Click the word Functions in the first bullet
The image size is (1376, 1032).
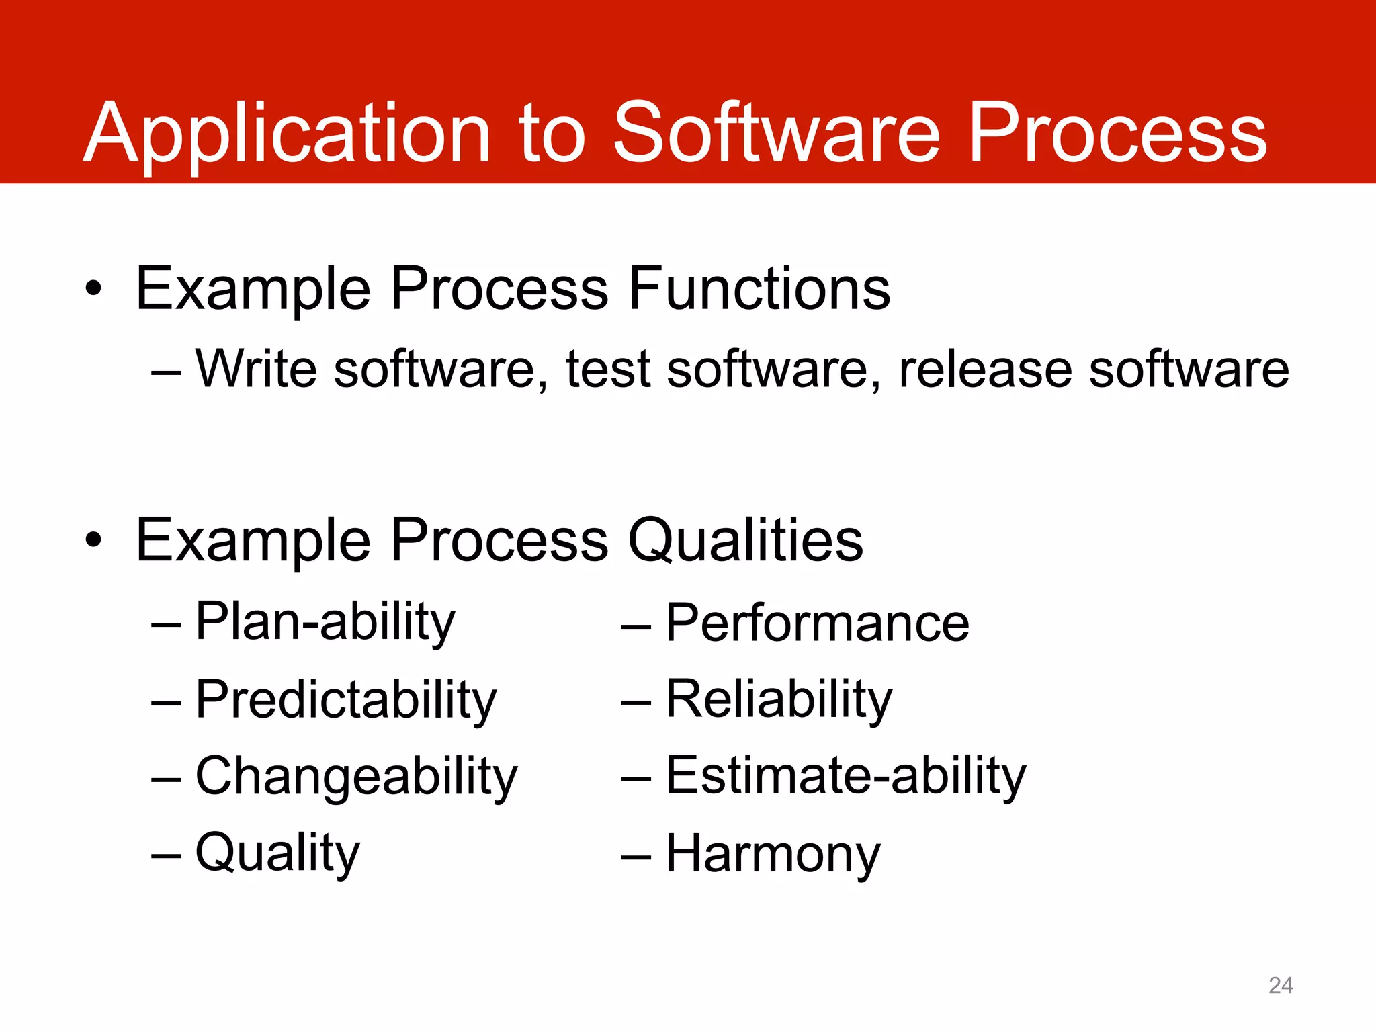759,289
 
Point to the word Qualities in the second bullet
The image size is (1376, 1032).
745,541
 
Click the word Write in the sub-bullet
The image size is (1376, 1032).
256,369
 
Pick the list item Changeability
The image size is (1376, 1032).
356,777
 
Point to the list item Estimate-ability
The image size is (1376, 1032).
846,777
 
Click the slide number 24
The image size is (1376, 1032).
1281,986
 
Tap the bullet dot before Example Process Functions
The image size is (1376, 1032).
94,290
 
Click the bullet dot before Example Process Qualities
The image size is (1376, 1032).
94,541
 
